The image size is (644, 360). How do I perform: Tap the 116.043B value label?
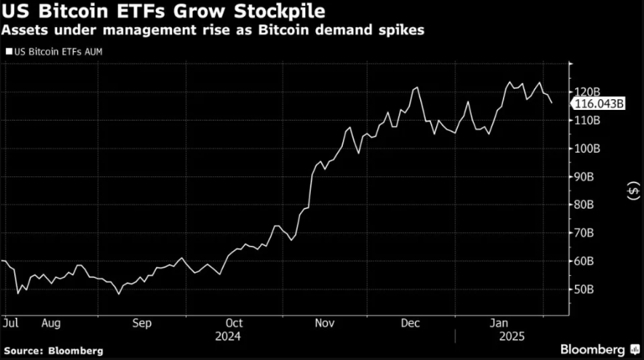click(599, 103)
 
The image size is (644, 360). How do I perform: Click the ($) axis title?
click(631, 191)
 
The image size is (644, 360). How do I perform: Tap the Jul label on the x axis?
click(11, 322)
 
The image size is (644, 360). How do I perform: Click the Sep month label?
click(142, 322)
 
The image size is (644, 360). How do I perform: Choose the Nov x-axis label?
click(325, 322)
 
